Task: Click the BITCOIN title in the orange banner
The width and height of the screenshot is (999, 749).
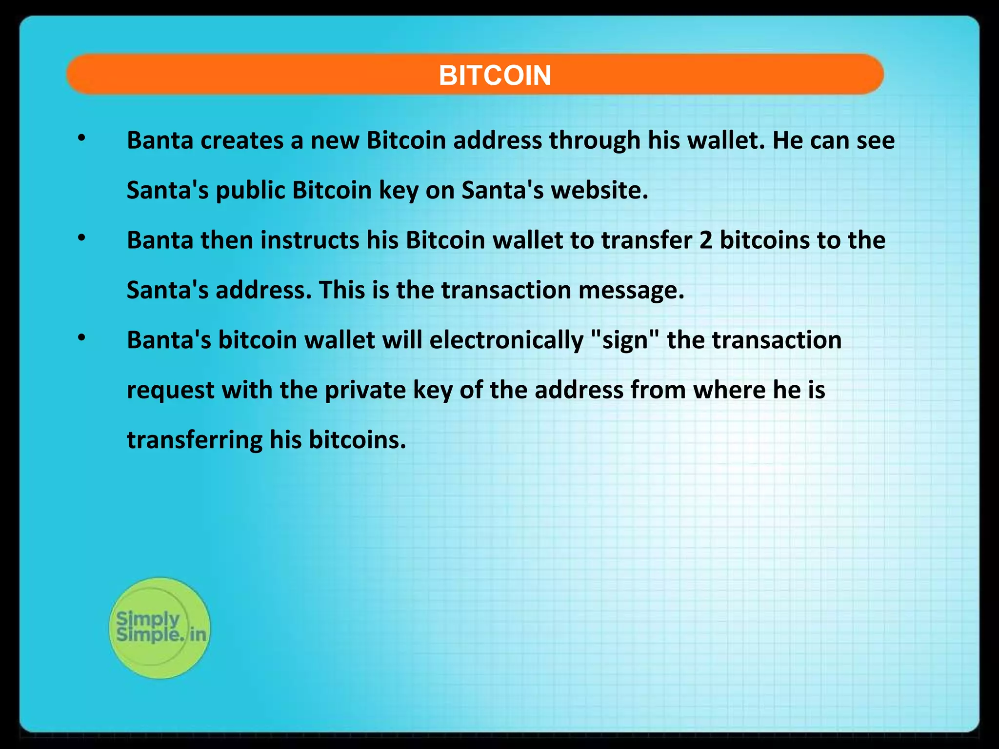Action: click(495, 76)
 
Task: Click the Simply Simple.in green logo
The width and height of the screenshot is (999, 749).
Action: click(160, 628)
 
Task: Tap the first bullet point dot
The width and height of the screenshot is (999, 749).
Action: click(81, 138)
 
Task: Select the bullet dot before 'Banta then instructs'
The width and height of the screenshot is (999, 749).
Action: click(81, 238)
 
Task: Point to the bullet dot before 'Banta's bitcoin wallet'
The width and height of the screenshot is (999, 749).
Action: click(81, 337)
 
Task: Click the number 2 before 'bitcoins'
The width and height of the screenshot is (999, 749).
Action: click(705, 240)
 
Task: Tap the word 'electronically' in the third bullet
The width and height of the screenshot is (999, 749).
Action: click(506, 340)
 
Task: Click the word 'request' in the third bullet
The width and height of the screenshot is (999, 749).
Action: click(171, 391)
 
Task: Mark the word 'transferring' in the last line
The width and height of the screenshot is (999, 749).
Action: click(195, 440)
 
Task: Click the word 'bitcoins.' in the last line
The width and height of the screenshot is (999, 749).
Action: click(357, 440)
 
